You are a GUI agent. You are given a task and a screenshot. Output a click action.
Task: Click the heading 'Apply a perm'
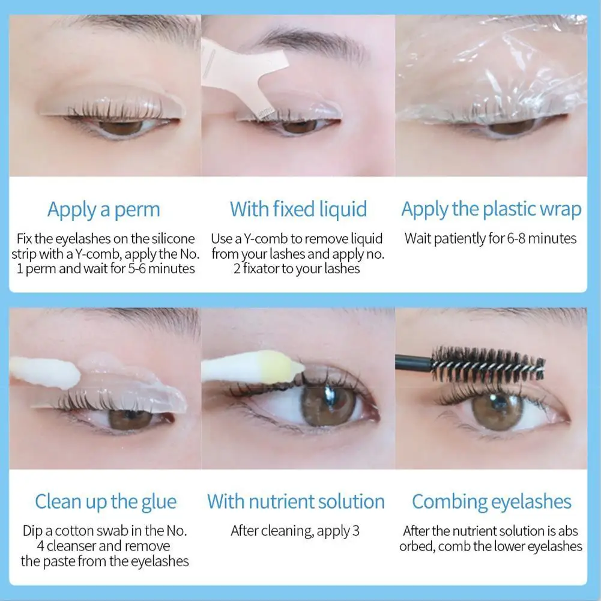pos(103,210)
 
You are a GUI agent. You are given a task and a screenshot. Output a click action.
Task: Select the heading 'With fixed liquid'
pos(298,210)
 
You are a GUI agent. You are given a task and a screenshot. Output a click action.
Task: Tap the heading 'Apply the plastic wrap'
pos(491,210)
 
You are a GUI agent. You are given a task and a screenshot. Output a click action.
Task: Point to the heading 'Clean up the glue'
pos(106,502)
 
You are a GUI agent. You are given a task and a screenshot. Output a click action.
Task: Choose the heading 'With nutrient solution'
pos(296,501)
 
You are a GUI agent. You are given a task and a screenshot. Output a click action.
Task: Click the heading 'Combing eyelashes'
pos(492,502)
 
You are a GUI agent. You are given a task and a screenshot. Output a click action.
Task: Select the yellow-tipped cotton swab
pos(253,366)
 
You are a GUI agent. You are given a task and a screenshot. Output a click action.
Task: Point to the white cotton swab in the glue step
pos(45,372)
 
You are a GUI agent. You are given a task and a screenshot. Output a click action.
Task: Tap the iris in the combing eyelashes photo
pos(497,410)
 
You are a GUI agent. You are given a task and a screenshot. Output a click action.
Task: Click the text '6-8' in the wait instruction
pos(516,239)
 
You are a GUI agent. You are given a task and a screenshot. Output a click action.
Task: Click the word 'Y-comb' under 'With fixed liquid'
pos(265,239)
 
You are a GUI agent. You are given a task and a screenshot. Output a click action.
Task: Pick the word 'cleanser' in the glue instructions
pos(70,546)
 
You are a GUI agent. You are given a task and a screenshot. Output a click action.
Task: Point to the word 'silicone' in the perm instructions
pos(174,239)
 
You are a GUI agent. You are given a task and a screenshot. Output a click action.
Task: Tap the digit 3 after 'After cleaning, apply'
pos(356,531)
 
